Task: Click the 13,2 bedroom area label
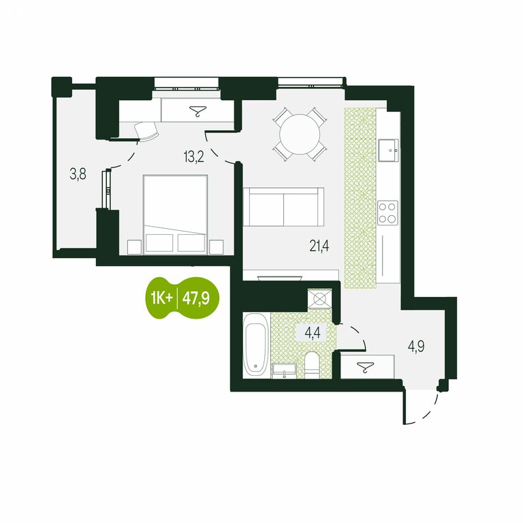pyautogui.click(x=194, y=156)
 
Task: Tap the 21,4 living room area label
pyautogui.click(x=319, y=246)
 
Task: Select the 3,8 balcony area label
pyautogui.click(x=78, y=174)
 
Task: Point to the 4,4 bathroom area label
pyautogui.click(x=313, y=333)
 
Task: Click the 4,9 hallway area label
pyautogui.click(x=416, y=347)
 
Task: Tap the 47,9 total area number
pyautogui.click(x=196, y=298)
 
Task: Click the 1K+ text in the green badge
pyautogui.click(x=161, y=298)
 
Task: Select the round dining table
pyautogui.click(x=300, y=134)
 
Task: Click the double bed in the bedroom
pyautogui.click(x=176, y=215)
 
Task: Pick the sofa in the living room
pyautogui.click(x=283, y=207)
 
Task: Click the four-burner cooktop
pyautogui.click(x=387, y=212)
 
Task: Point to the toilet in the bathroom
pyautogui.click(x=313, y=364)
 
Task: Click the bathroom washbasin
pyautogui.click(x=284, y=371)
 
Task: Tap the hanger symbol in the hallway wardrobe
pyautogui.click(x=365, y=366)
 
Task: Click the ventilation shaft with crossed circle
pyautogui.click(x=319, y=299)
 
